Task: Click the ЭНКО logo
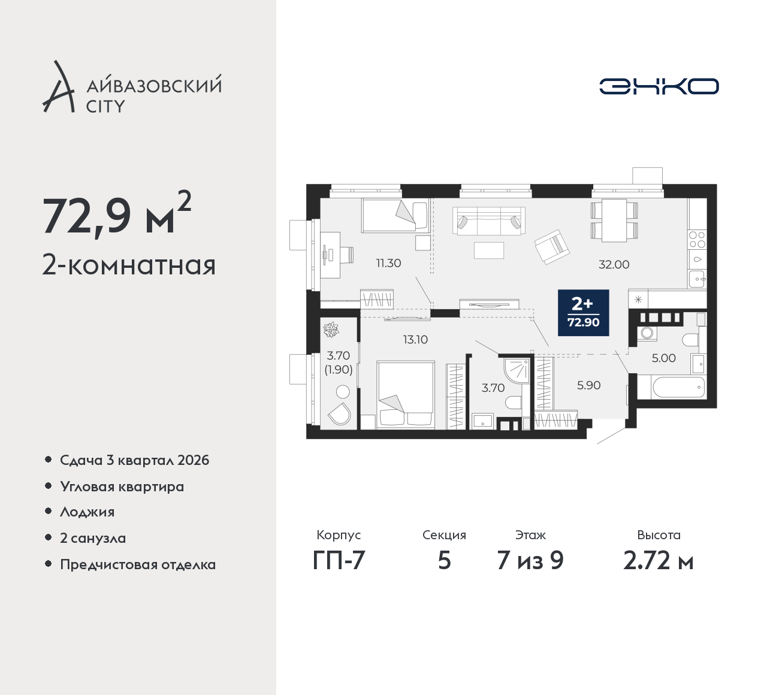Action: [659, 86]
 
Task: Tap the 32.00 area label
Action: [614, 265]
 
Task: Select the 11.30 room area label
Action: [388, 263]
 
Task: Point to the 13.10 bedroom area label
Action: [415, 340]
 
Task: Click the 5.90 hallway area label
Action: [589, 385]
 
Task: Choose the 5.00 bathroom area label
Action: [664, 358]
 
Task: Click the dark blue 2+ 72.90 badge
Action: [584, 313]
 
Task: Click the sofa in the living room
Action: [488, 220]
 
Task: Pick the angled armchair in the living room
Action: [552, 247]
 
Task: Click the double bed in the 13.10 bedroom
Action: [405, 395]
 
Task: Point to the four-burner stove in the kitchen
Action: [697, 239]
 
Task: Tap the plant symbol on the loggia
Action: [331, 330]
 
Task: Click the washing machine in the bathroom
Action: [647, 333]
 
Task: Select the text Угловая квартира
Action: [122, 486]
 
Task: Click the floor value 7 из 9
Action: [530, 561]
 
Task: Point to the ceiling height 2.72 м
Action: [659, 561]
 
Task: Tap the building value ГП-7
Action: [339, 561]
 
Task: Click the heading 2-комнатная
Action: [129, 265]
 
